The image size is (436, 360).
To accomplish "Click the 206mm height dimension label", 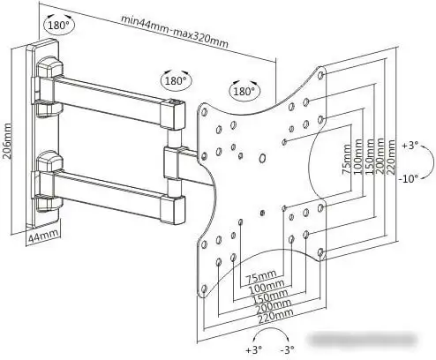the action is point(6,141).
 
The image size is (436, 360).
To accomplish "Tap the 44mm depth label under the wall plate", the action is point(43,236).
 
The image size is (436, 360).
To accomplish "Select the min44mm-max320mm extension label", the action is point(175,31).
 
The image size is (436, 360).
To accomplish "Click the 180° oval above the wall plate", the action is point(59,24).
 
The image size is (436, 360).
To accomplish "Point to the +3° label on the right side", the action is point(410,145).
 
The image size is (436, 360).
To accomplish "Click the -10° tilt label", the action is point(409,178).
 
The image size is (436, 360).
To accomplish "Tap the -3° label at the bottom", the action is point(287,350).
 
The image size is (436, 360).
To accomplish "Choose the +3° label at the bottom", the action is point(254,350).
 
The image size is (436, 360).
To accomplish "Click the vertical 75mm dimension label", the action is point(347,159).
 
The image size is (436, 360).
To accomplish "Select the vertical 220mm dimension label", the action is point(391,157).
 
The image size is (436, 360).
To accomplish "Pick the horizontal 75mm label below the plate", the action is point(261,276).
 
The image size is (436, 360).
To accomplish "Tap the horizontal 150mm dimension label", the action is point(270,296).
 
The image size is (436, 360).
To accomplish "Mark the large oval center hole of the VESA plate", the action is point(262,159).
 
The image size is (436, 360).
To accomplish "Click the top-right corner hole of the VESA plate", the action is point(321,74).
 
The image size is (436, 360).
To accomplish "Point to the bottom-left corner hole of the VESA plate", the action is point(205,289).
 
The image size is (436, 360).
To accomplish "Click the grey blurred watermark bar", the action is point(362,341).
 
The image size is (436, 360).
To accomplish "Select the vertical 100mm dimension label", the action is point(358,156).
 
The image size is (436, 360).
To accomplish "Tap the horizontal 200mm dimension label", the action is point(274,306).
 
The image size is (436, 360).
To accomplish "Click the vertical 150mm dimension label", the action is point(369,156).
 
